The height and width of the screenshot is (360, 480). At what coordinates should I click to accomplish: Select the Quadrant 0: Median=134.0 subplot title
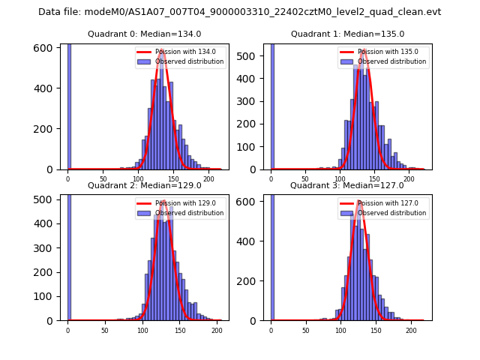(145, 34)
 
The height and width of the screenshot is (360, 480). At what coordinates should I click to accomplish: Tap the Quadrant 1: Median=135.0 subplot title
(347, 34)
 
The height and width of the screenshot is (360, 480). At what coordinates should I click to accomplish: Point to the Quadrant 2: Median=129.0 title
(145, 185)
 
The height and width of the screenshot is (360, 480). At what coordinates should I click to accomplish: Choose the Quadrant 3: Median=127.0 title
(347, 185)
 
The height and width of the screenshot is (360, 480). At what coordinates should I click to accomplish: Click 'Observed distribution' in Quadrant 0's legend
(189, 61)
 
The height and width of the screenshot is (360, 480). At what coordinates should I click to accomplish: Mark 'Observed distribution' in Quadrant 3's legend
(391, 213)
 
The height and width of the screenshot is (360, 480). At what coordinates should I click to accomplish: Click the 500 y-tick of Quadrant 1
(248, 56)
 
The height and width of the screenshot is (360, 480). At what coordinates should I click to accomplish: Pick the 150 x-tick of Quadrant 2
(179, 330)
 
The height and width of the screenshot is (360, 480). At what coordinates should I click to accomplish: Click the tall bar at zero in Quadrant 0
(69, 105)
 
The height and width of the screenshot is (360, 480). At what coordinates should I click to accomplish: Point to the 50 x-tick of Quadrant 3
(305, 330)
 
